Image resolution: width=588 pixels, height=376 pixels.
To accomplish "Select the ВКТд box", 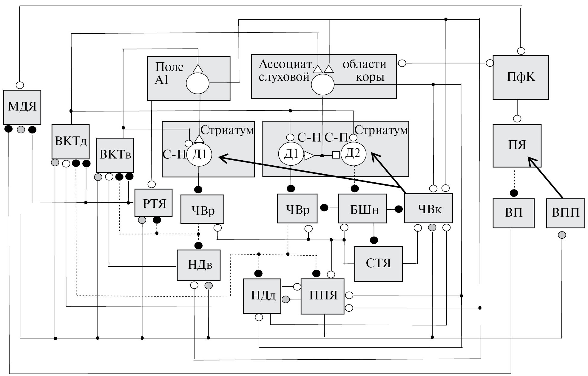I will tap(71, 142).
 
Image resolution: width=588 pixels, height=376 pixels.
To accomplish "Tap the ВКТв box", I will tap(115, 155).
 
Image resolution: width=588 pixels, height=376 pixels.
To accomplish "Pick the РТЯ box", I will tap(154, 203).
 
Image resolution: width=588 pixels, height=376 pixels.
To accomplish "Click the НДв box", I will tap(199, 265).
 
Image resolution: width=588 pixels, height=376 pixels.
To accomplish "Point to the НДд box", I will tap(262, 296).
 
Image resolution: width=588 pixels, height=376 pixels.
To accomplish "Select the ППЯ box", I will tap(322, 296).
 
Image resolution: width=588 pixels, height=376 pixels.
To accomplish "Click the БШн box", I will tap(362, 209).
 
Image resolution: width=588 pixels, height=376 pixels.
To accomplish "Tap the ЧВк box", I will tap(428, 208).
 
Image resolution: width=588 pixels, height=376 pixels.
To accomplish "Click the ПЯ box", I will tap(517, 146).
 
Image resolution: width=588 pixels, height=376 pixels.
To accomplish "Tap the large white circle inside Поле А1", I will tap(197, 84).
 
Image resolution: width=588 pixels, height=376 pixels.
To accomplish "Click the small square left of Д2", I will tap(336, 155).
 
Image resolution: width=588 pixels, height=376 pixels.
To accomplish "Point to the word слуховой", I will tap(284, 77).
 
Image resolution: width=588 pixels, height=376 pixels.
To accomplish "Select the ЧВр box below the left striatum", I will tap(202, 209).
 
